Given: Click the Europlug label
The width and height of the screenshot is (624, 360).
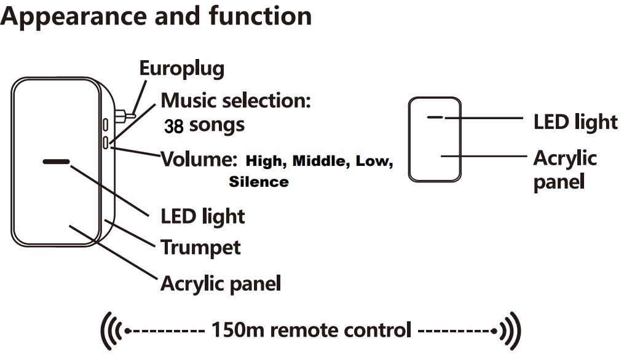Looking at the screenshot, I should click(181, 68).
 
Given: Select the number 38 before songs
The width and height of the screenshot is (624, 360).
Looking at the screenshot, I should click(174, 127).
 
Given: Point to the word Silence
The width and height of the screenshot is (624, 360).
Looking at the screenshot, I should click(258, 182).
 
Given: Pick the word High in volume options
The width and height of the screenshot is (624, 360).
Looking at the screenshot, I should click(265, 162).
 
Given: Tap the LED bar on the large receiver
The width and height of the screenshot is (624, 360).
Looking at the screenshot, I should click(57, 163).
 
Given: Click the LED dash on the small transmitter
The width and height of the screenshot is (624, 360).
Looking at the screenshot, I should click(435, 116).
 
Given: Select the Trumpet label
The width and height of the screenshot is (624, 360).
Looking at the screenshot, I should click(200, 247).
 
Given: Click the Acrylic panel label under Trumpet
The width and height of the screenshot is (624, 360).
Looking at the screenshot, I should click(221, 283).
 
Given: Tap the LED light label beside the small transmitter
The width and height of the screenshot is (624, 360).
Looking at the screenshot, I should click(575, 122).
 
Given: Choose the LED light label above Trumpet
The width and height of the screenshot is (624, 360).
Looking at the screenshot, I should click(203, 216).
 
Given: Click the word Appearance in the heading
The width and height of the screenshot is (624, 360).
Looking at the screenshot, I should click(73, 17).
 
